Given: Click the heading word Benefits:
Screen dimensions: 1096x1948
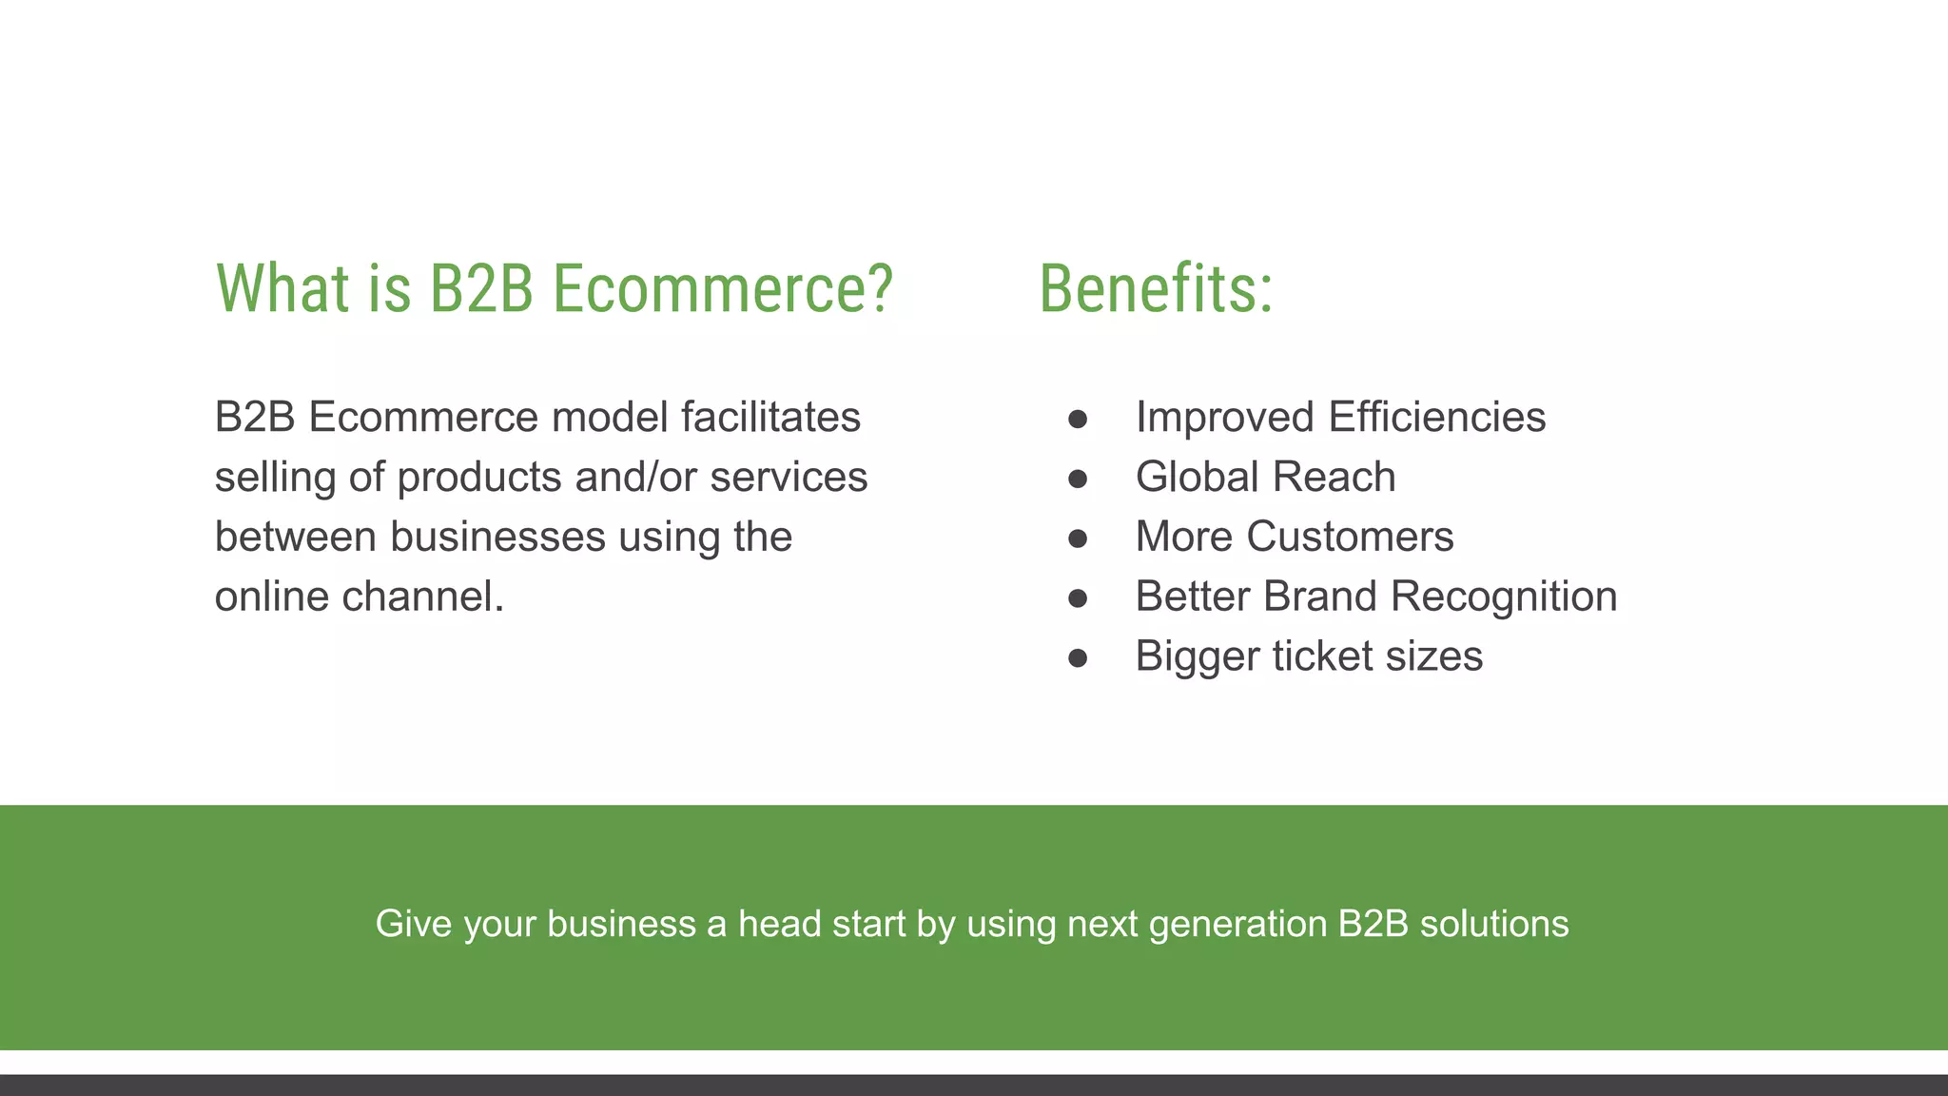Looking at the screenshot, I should point(1155,288).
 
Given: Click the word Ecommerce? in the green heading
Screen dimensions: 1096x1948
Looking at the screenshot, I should point(723,288).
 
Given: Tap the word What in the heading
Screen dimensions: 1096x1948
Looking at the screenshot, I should point(282,288).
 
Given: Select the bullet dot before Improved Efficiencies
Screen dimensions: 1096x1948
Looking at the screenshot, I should point(1077,419).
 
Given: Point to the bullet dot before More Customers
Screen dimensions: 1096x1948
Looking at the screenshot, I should point(1077,538).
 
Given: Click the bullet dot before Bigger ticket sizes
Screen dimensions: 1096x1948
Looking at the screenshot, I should point(1077,658).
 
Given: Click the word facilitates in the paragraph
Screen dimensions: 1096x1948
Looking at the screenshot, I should point(770,417).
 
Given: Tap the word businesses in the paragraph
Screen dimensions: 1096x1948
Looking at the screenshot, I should point(497,537).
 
